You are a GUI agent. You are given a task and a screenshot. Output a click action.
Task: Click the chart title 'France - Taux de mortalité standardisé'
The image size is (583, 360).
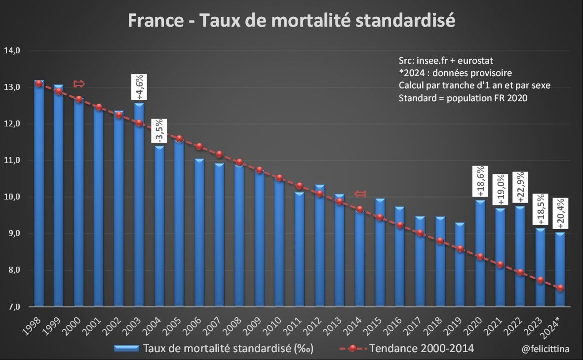click(x=291, y=21)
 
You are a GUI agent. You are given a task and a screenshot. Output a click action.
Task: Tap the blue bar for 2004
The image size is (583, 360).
click(x=159, y=227)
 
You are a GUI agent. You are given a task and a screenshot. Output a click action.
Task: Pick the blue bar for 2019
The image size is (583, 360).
click(x=460, y=267)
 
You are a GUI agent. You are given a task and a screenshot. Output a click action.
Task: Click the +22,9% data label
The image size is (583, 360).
click(x=520, y=187)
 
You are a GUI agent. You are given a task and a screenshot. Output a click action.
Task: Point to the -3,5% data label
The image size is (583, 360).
click(x=159, y=131)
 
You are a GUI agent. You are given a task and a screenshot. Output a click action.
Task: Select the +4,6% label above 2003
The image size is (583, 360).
click(x=139, y=88)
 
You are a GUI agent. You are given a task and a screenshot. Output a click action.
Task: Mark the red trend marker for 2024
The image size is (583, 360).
click(x=560, y=288)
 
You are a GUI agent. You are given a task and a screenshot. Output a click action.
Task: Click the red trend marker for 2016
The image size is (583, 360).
click(x=400, y=225)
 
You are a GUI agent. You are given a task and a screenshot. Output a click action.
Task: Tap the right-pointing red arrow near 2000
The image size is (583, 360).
click(x=79, y=83)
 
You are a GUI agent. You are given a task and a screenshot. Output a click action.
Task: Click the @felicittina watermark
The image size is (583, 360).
click(x=545, y=349)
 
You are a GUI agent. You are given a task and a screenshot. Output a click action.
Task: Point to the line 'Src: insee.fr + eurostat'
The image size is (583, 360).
click(x=446, y=60)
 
